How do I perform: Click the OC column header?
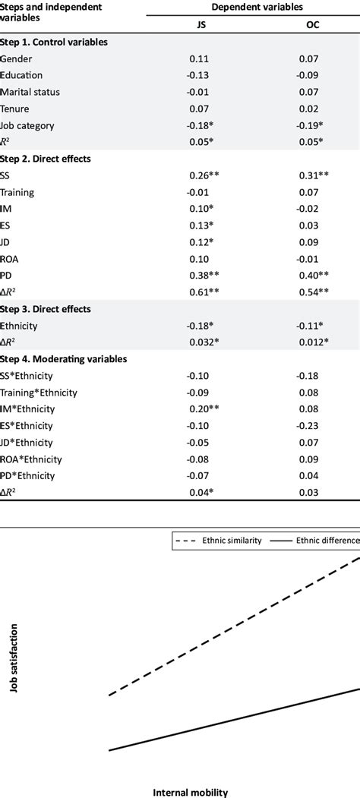(x=311, y=24)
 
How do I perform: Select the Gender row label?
(x=16, y=58)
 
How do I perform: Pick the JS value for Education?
(x=200, y=75)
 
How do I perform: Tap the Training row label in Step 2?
(x=17, y=193)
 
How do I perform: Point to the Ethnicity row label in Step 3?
(x=21, y=326)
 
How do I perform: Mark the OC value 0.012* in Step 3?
(x=314, y=342)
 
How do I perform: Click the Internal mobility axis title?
(x=191, y=792)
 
